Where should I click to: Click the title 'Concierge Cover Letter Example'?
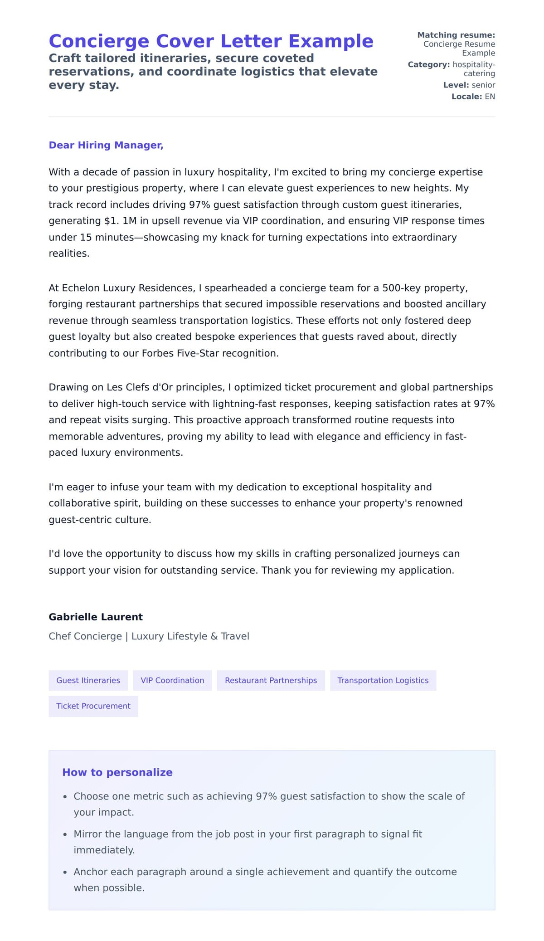pyautogui.click(x=211, y=41)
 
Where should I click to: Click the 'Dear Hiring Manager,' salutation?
pyautogui.click(x=106, y=145)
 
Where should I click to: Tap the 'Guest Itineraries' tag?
pyautogui.click(x=88, y=680)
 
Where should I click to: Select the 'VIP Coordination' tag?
pyautogui.click(x=172, y=680)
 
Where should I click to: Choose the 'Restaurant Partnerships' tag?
pyautogui.click(x=271, y=680)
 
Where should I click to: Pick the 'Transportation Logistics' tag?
pyautogui.click(x=383, y=680)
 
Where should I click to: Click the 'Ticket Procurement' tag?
pyautogui.click(x=93, y=706)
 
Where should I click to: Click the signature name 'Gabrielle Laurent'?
pyautogui.click(x=96, y=617)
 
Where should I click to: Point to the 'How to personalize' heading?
pyautogui.click(x=117, y=772)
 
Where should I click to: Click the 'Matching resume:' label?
pyautogui.click(x=456, y=35)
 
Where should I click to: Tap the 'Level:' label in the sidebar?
pyautogui.click(x=456, y=85)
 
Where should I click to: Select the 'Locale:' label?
pyautogui.click(x=466, y=97)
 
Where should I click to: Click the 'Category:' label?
pyautogui.click(x=428, y=64)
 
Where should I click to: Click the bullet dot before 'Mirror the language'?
pyautogui.click(x=65, y=834)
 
